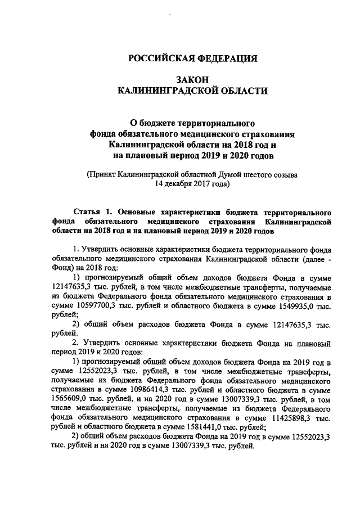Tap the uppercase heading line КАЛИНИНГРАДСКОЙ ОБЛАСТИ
coord(193,91)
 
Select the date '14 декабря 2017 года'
coord(193,183)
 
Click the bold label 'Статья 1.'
coord(92,212)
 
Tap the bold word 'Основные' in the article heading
coord(136,212)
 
